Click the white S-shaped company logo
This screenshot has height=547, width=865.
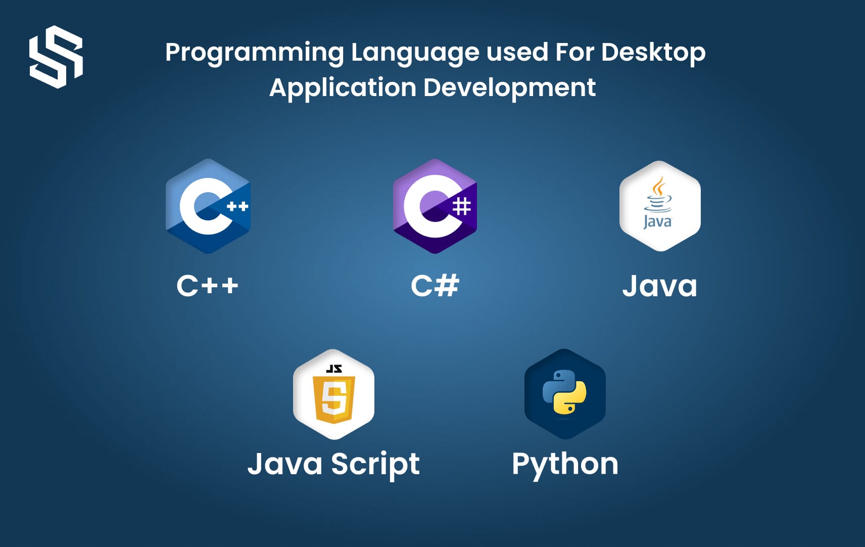click(x=56, y=57)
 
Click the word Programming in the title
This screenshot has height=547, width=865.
click(x=255, y=53)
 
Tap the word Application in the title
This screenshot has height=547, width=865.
click(x=343, y=88)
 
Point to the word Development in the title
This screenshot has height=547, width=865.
click(x=509, y=88)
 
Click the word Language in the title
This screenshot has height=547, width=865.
click(x=414, y=53)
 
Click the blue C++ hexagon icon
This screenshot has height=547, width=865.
click(x=208, y=206)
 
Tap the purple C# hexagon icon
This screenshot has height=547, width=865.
click(x=435, y=206)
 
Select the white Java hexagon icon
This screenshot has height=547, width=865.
click(x=660, y=206)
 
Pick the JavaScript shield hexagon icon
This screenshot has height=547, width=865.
click(x=333, y=394)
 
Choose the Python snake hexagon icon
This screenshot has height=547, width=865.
click(x=565, y=394)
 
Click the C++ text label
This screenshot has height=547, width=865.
click(x=207, y=286)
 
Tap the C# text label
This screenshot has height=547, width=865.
click(x=435, y=286)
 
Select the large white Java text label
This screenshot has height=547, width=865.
click(x=659, y=286)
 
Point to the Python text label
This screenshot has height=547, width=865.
click(x=565, y=465)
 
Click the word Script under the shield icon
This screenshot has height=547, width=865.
click(x=375, y=465)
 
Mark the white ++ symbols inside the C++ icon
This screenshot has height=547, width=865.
click(x=237, y=206)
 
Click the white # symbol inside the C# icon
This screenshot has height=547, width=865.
click(x=461, y=206)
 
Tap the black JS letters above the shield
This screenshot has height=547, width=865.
click(x=334, y=369)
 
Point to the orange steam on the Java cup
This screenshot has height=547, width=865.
click(x=658, y=186)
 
